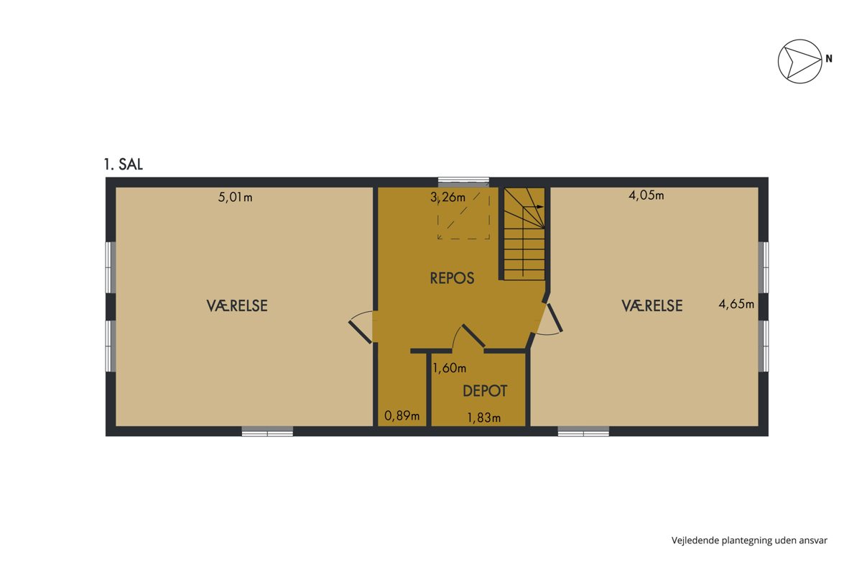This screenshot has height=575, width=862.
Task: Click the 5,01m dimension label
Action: pyautogui.click(x=235, y=198)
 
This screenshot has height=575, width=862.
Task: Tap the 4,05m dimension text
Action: pyautogui.click(x=646, y=195)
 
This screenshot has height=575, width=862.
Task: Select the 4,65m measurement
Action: pyautogui.click(x=736, y=304)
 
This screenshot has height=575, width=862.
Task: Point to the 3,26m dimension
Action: pyautogui.click(x=448, y=198)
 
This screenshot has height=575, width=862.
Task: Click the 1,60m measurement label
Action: pyautogui.click(x=449, y=368)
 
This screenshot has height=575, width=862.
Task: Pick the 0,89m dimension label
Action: pyautogui.click(x=402, y=416)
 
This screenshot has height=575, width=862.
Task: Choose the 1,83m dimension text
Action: pyautogui.click(x=483, y=418)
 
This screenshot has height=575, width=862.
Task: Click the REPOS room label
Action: pyautogui.click(x=452, y=278)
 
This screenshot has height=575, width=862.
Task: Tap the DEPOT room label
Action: pyautogui.click(x=485, y=391)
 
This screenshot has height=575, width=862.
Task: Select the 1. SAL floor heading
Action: pyautogui.click(x=123, y=165)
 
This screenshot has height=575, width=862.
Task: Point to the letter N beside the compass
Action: pyautogui.click(x=829, y=58)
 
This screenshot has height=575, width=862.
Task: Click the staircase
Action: pyautogui.click(x=524, y=234)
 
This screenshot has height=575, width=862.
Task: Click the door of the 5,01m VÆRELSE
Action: pyautogui.click(x=361, y=326)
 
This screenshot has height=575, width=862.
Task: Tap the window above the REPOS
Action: pyautogui.click(x=464, y=182)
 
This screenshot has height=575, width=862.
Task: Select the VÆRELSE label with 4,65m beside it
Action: pyautogui.click(x=652, y=305)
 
